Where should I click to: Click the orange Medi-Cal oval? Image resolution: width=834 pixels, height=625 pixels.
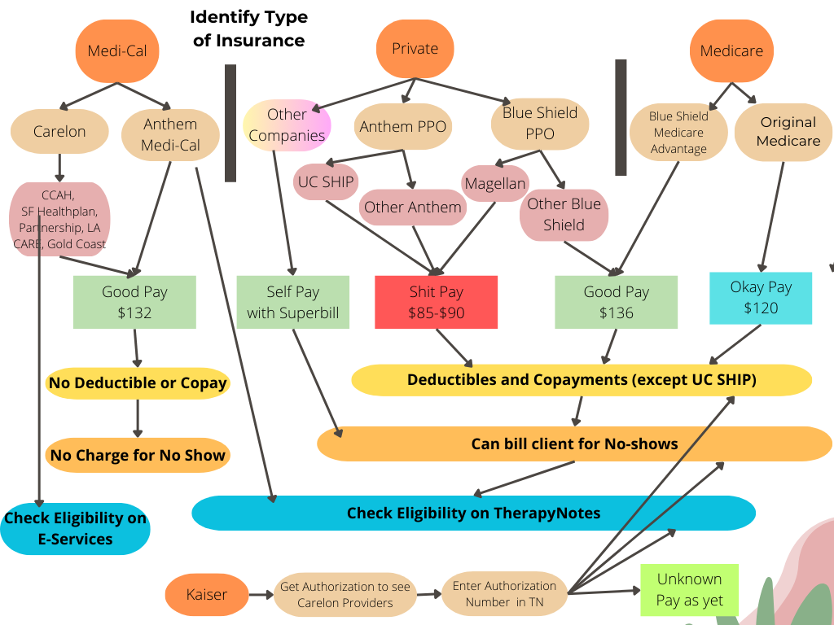click(117, 50)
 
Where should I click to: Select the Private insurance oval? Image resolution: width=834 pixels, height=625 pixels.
click(415, 49)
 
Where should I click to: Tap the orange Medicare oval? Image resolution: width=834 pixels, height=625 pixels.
click(731, 50)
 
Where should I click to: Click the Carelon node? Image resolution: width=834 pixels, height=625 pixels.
click(59, 131)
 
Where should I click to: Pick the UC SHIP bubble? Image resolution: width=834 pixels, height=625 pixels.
click(325, 181)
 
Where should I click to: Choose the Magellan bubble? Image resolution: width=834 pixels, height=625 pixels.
click(495, 183)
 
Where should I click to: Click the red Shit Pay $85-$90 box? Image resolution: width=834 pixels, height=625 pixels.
click(436, 302)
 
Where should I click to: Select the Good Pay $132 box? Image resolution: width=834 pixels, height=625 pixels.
click(134, 302)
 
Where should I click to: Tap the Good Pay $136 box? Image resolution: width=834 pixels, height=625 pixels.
click(616, 302)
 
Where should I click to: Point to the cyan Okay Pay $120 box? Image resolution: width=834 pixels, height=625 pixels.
click(761, 297)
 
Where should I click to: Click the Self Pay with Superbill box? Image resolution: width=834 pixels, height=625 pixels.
click(292, 302)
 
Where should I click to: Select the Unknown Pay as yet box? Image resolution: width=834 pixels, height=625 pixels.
click(689, 590)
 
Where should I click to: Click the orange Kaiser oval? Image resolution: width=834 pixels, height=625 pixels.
click(206, 594)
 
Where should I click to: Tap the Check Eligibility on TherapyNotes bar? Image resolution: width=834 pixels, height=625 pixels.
click(473, 513)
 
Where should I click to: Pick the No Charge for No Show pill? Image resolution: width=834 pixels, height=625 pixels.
click(138, 456)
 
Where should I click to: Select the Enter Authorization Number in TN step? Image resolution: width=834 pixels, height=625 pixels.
click(504, 594)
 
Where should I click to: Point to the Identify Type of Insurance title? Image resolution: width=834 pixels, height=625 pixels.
click(248, 28)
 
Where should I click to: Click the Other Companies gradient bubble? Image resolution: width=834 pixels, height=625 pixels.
click(287, 125)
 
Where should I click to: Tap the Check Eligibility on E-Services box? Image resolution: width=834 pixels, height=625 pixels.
click(75, 528)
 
